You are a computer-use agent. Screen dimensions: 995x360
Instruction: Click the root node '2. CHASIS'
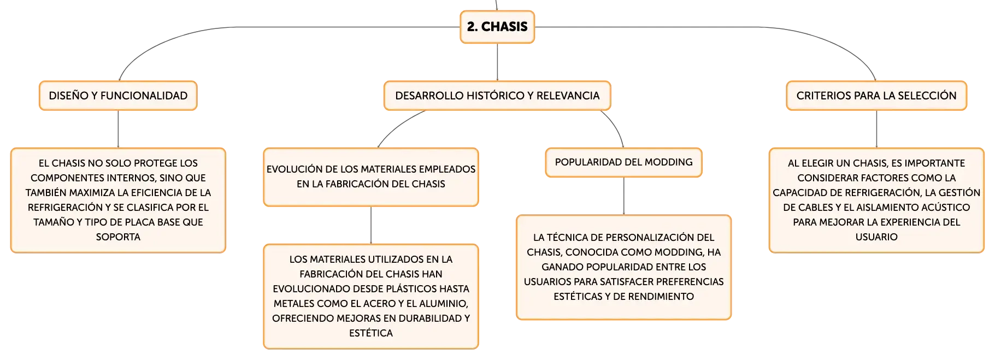tap(497, 27)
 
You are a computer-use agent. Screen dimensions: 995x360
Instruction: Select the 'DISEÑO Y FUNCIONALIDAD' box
tap(118, 96)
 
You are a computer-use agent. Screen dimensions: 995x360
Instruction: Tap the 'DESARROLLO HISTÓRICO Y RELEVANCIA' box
tap(497, 96)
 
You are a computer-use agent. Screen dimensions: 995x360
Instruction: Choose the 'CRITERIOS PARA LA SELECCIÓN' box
tap(876, 96)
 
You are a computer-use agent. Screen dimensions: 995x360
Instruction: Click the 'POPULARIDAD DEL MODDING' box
tap(623, 162)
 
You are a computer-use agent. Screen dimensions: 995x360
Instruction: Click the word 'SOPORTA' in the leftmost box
tap(118, 237)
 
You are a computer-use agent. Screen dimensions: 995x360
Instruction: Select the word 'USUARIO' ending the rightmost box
tap(876, 237)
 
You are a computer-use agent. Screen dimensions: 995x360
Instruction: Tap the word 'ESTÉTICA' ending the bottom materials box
tap(371, 333)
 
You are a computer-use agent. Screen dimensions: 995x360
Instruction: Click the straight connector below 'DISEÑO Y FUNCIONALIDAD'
tap(118, 129)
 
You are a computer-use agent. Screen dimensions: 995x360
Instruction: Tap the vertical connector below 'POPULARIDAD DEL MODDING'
tap(623, 196)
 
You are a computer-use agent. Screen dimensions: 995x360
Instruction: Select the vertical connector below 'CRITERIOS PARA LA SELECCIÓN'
tap(876, 129)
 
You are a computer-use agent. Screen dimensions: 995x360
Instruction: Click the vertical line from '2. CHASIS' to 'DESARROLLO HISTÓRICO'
tap(497, 62)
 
